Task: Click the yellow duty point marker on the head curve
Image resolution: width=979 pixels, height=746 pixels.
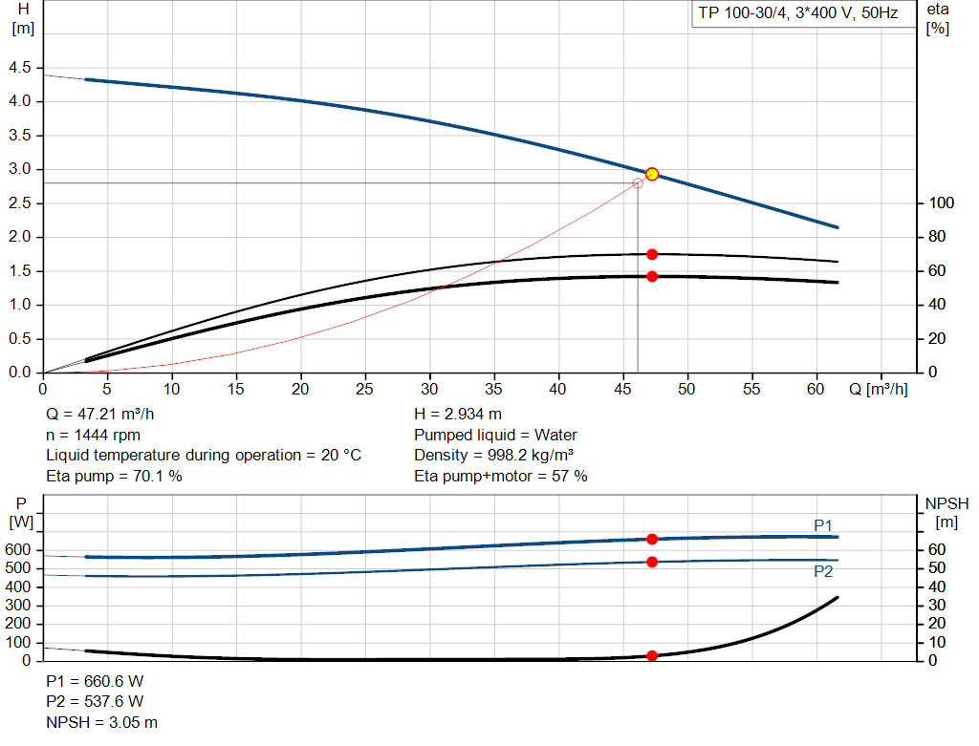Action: point(652,174)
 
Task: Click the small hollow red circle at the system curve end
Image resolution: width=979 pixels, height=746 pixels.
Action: point(638,182)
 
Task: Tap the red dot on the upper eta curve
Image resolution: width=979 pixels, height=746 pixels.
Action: point(652,254)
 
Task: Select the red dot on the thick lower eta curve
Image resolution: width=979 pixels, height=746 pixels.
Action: point(652,276)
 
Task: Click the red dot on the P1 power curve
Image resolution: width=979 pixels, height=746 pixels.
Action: point(652,539)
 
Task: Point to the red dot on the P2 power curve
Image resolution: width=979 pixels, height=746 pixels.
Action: point(652,562)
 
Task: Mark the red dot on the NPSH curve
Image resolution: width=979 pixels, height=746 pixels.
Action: point(652,656)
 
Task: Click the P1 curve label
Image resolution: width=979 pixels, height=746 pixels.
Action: point(823,525)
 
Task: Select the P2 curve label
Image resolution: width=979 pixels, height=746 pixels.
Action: point(823,571)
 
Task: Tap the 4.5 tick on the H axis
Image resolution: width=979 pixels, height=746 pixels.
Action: point(19,68)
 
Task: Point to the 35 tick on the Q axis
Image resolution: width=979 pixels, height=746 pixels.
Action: point(494,390)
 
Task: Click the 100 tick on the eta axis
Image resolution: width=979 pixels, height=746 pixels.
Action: point(941,203)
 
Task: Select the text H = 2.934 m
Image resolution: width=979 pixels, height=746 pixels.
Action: point(458,415)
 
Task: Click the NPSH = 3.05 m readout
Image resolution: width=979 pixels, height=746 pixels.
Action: point(102,722)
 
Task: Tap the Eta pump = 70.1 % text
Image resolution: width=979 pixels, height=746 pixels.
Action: point(114,476)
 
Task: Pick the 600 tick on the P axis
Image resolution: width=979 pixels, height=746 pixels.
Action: point(19,550)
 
